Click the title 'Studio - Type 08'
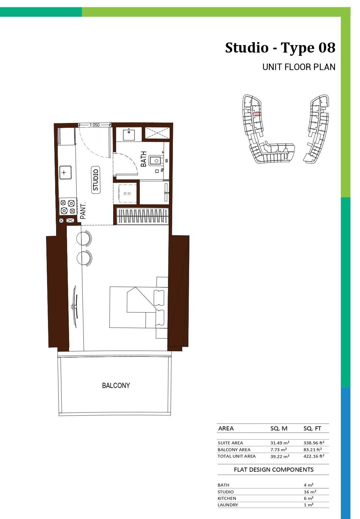point(280,48)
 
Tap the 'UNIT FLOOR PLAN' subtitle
point(299,67)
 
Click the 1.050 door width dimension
point(94,125)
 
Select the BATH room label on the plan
point(144,159)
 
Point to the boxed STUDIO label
point(96,180)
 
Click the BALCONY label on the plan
point(116,385)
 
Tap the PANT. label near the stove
point(83,211)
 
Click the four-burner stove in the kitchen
point(68,206)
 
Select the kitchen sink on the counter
point(65,172)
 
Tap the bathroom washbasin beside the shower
point(129,135)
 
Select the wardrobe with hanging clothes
point(142,216)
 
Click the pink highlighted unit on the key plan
point(257,114)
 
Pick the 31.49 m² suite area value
point(280,443)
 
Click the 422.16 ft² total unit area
point(314,456)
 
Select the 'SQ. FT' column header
point(312,428)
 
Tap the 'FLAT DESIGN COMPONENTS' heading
point(274,470)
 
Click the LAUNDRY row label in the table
point(228,505)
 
